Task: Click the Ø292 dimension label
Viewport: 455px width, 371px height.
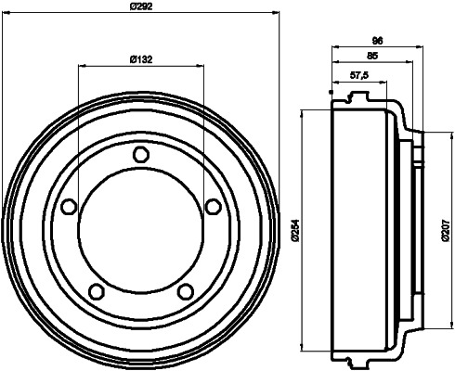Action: tap(140, 6)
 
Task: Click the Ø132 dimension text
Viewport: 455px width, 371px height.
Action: tap(140, 60)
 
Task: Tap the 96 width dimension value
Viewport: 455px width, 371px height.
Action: tap(378, 41)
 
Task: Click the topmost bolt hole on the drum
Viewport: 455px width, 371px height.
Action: tap(140, 154)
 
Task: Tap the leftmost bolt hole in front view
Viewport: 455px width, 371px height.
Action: tap(68, 207)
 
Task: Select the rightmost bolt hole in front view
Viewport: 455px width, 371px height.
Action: tap(213, 206)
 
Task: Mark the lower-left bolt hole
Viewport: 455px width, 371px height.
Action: tap(96, 292)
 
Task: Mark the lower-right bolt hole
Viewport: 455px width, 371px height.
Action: tap(185, 292)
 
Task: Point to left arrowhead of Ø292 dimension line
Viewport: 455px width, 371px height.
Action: tap(6, 13)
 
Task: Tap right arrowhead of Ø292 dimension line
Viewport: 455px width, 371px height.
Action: tap(277, 13)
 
